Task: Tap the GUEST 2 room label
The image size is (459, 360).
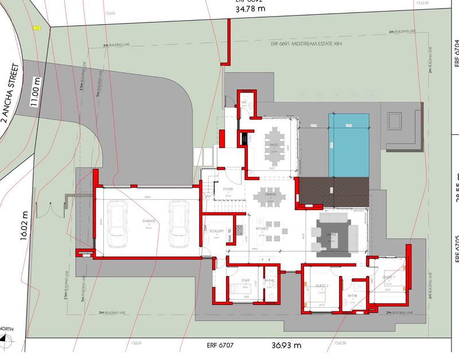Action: coord(321,285)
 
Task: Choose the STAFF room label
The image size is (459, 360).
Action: coord(246,280)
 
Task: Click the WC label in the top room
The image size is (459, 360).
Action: coord(243,103)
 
